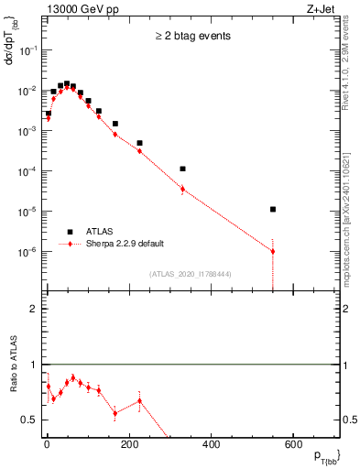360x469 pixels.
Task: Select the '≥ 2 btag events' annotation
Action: tap(192, 37)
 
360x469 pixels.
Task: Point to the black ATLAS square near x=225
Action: tap(139, 143)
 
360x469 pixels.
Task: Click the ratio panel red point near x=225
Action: tap(139, 400)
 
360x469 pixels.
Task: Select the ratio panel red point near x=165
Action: tap(115, 413)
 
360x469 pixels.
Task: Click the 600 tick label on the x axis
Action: tap(292, 446)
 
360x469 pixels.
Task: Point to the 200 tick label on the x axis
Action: tap(128, 446)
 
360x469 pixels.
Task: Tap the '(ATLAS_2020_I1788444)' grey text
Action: tap(191, 272)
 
